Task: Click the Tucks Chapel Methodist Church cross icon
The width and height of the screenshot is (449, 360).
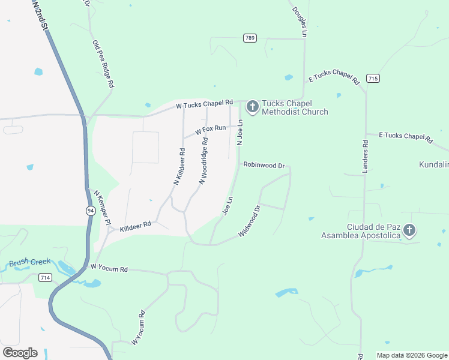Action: (253, 107)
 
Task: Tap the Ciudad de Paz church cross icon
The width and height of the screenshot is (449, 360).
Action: (409, 230)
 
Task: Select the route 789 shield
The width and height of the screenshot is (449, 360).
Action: (250, 38)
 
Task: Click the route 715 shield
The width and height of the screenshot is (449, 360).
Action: (373, 79)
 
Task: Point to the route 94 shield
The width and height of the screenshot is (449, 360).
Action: (90, 211)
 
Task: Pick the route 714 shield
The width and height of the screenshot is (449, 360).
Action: (44, 277)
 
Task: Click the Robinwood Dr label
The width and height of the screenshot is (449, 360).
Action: (263, 164)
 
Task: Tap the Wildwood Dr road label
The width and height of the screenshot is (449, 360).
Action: (250, 221)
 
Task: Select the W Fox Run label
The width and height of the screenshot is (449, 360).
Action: (210, 130)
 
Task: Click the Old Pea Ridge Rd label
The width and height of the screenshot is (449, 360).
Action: (103, 64)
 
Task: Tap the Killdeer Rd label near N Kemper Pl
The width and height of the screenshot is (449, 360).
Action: (135, 226)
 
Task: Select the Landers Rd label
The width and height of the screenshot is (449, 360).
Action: (365, 157)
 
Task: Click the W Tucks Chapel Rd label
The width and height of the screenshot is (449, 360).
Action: (203, 105)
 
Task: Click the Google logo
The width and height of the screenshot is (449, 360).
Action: (20, 353)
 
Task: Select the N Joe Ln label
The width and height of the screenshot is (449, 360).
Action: (240, 132)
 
